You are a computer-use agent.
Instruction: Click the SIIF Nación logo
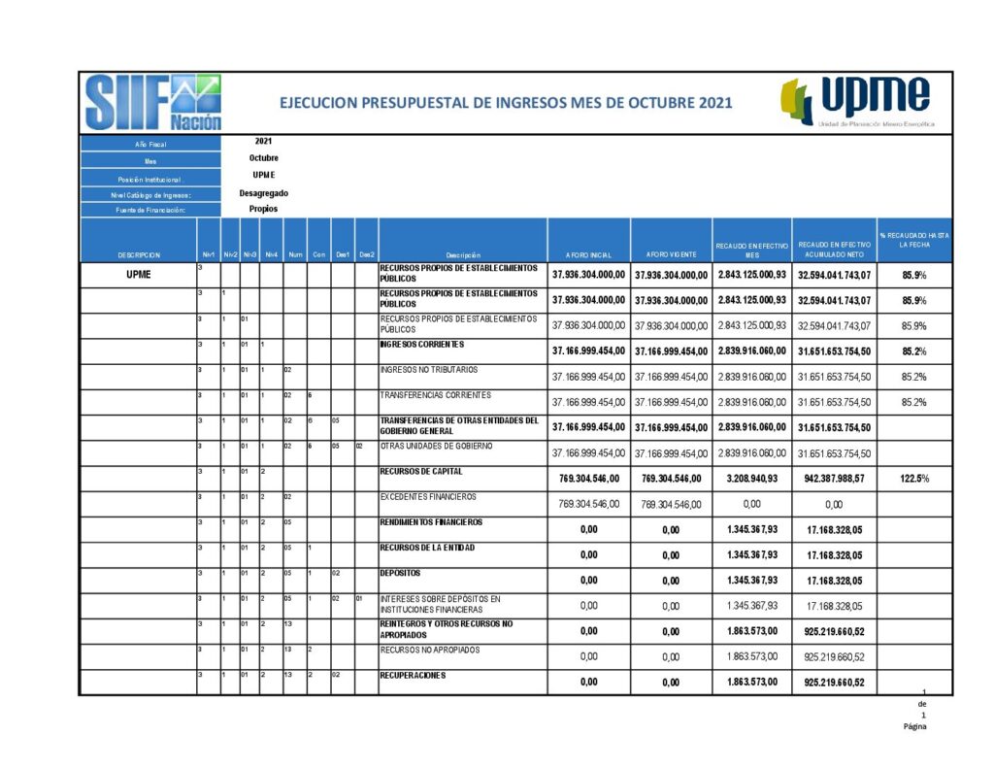click(x=153, y=103)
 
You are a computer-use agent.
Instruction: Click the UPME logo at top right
click(x=857, y=102)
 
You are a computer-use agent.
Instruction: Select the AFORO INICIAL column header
click(x=588, y=254)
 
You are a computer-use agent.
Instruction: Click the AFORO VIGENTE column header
click(x=671, y=254)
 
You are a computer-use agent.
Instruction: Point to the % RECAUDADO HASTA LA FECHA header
click(x=913, y=240)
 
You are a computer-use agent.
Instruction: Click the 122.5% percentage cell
click(x=913, y=479)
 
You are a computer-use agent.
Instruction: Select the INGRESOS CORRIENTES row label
click(x=422, y=345)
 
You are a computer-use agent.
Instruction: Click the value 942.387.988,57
click(x=834, y=479)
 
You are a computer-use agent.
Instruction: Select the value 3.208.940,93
click(x=751, y=479)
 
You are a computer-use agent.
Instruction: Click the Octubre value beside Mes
click(x=263, y=157)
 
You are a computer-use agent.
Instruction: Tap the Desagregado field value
click(x=263, y=192)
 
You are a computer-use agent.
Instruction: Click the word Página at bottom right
click(x=914, y=725)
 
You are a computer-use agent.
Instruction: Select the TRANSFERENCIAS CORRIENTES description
click(x=435, y=395)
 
